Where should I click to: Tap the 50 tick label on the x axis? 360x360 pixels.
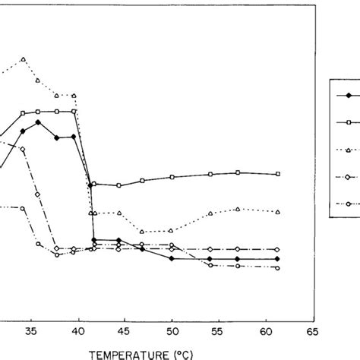[172, 331]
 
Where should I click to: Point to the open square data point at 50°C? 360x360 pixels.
[172, 177]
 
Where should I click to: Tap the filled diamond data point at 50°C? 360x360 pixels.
[172, 259]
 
